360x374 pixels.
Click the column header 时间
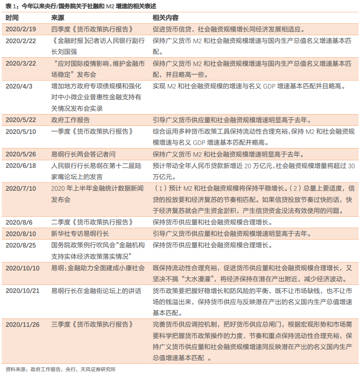[12, 18]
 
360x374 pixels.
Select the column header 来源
[58, 18]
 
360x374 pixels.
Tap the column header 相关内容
[165, 18]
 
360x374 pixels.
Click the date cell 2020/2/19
[21, 29]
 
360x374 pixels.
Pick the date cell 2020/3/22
[21, 63]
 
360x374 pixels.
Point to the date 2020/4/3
[19, 86]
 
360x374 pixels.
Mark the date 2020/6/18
[21, 166]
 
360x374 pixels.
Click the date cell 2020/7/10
[21, 188]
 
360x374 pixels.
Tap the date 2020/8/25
[21, 245]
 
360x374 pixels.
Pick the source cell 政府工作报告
[70, 120]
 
